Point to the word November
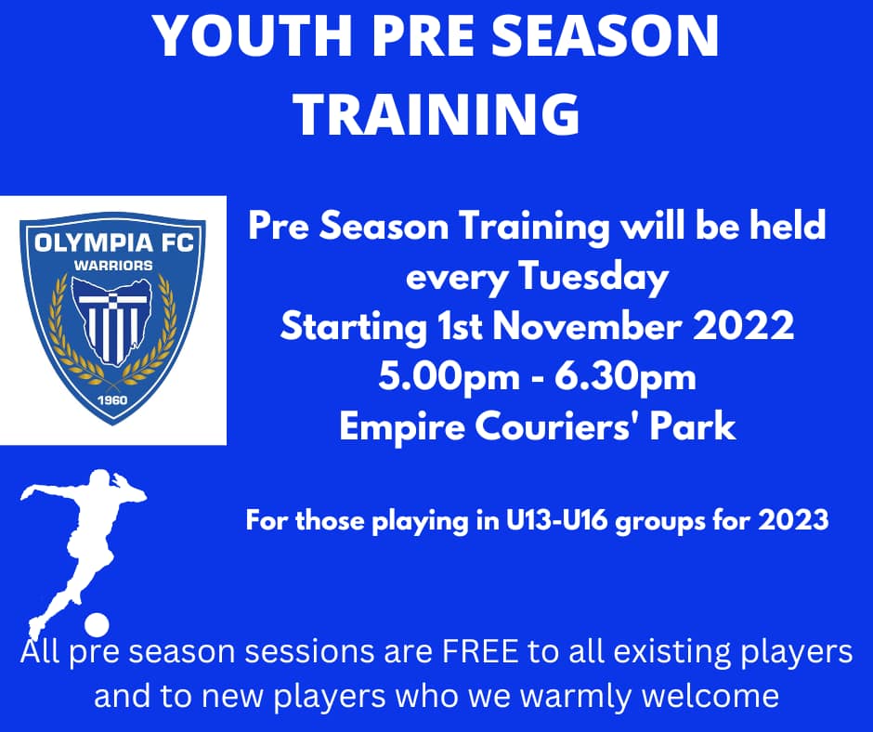[587, 327]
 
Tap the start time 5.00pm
[449, 378]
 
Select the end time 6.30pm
[625, 378]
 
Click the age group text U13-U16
[556, 520]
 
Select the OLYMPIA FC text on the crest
[113, 243]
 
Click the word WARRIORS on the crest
[113, 266]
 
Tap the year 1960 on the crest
[112, 400]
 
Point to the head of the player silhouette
[101, 481]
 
